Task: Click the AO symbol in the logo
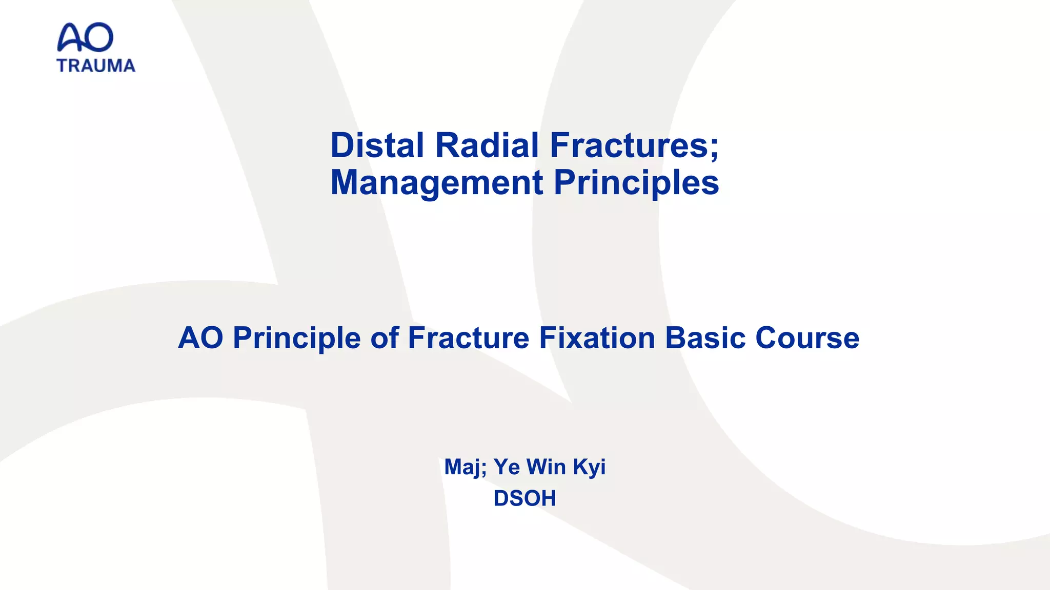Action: point(85,37)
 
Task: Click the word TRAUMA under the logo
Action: point(96,66)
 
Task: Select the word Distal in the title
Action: point(377,145)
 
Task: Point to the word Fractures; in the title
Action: point(634,145)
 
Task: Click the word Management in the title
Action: point(437,183)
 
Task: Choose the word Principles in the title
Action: point(636,183)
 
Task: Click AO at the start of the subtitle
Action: point(200,338)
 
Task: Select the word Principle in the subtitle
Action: point(296,338)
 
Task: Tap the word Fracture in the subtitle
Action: point(468,338)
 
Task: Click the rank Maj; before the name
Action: point(465,467)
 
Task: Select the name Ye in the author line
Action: point(507,467)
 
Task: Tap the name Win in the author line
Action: point(546,467)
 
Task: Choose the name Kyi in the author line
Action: point(589,467)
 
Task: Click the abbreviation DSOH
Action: point(524,498)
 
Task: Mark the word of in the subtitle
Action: point(384,338)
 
